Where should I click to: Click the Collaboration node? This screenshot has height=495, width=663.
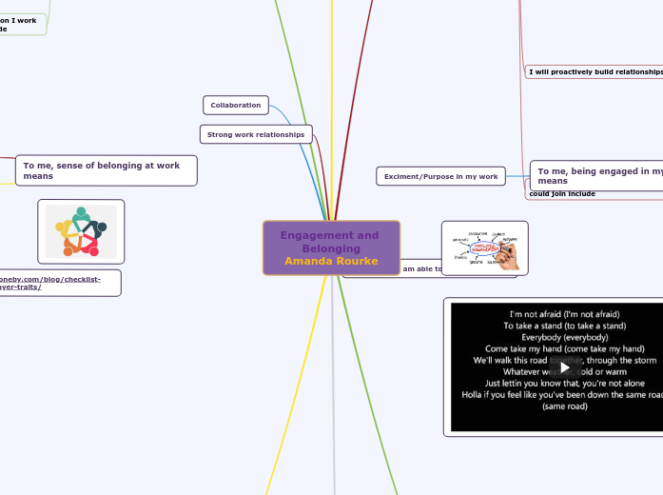235,105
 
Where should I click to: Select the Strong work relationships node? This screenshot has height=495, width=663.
255,135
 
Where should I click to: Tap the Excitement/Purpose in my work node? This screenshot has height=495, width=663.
440,176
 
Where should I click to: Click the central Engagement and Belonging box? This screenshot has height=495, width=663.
331,247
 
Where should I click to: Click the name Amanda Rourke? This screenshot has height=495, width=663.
331,261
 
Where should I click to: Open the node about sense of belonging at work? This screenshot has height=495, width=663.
106,170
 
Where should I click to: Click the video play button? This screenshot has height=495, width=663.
564,367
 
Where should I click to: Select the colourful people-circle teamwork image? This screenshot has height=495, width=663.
81,231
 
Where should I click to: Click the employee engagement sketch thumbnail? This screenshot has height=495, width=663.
484,247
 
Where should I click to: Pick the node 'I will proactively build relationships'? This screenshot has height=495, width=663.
595,71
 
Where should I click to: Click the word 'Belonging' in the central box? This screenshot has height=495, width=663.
331,248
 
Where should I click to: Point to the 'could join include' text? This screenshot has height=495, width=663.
561,193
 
